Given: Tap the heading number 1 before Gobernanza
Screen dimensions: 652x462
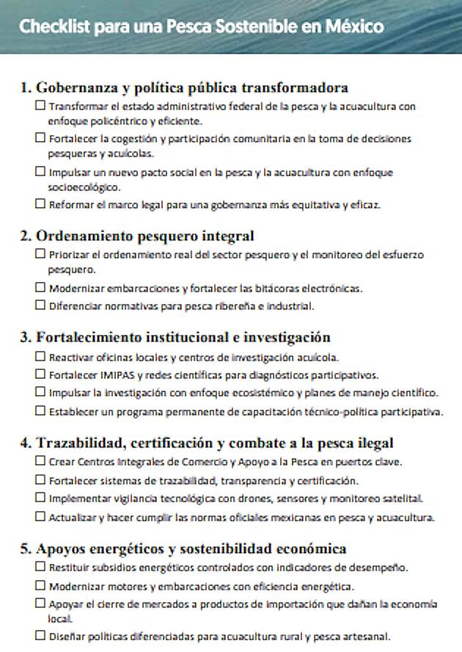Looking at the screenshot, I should coord(24,88).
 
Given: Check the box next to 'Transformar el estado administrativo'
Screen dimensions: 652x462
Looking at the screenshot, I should coord(41,106).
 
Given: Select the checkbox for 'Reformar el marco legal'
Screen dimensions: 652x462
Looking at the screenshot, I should coord(41,204).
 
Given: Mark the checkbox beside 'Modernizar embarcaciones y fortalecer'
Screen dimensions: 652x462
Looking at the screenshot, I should coord(41,289).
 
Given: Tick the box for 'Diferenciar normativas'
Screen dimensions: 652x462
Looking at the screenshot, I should coord(41,305).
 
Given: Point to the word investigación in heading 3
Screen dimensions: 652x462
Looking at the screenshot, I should coord(290,338).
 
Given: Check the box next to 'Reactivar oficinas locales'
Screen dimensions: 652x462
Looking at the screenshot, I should coord(41,357).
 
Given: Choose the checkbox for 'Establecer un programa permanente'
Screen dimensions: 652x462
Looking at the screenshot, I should coord(41,410).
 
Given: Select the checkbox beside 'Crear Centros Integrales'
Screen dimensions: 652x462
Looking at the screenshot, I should coord(41,462).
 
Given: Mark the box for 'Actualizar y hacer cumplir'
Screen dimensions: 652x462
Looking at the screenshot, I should coord(41,517).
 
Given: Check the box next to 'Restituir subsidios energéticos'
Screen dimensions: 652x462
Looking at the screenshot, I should coord(41,568).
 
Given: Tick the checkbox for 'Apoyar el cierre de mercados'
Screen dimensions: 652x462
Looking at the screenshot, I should coord(41,604).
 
